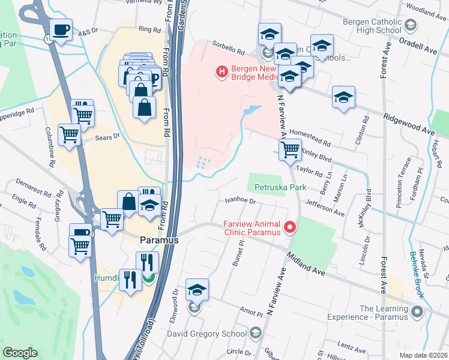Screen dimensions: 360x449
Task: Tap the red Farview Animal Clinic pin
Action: [x=290, y=226]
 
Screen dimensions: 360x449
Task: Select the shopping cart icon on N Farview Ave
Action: [x=290, y=149]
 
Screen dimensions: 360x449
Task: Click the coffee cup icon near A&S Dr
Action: [x=61, y=29]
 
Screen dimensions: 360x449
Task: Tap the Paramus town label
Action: [x=159, y=240]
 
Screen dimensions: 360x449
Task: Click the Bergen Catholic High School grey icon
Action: [x=410, y=26]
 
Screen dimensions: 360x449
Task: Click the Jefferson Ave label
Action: [x=325, y=209]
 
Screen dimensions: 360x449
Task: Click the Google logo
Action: [x=20, y=352]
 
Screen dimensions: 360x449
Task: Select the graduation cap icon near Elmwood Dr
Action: [x=197, y=290]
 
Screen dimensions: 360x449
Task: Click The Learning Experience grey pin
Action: [x=418, y=313]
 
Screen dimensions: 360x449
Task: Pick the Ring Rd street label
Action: [x=145, y=29]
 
